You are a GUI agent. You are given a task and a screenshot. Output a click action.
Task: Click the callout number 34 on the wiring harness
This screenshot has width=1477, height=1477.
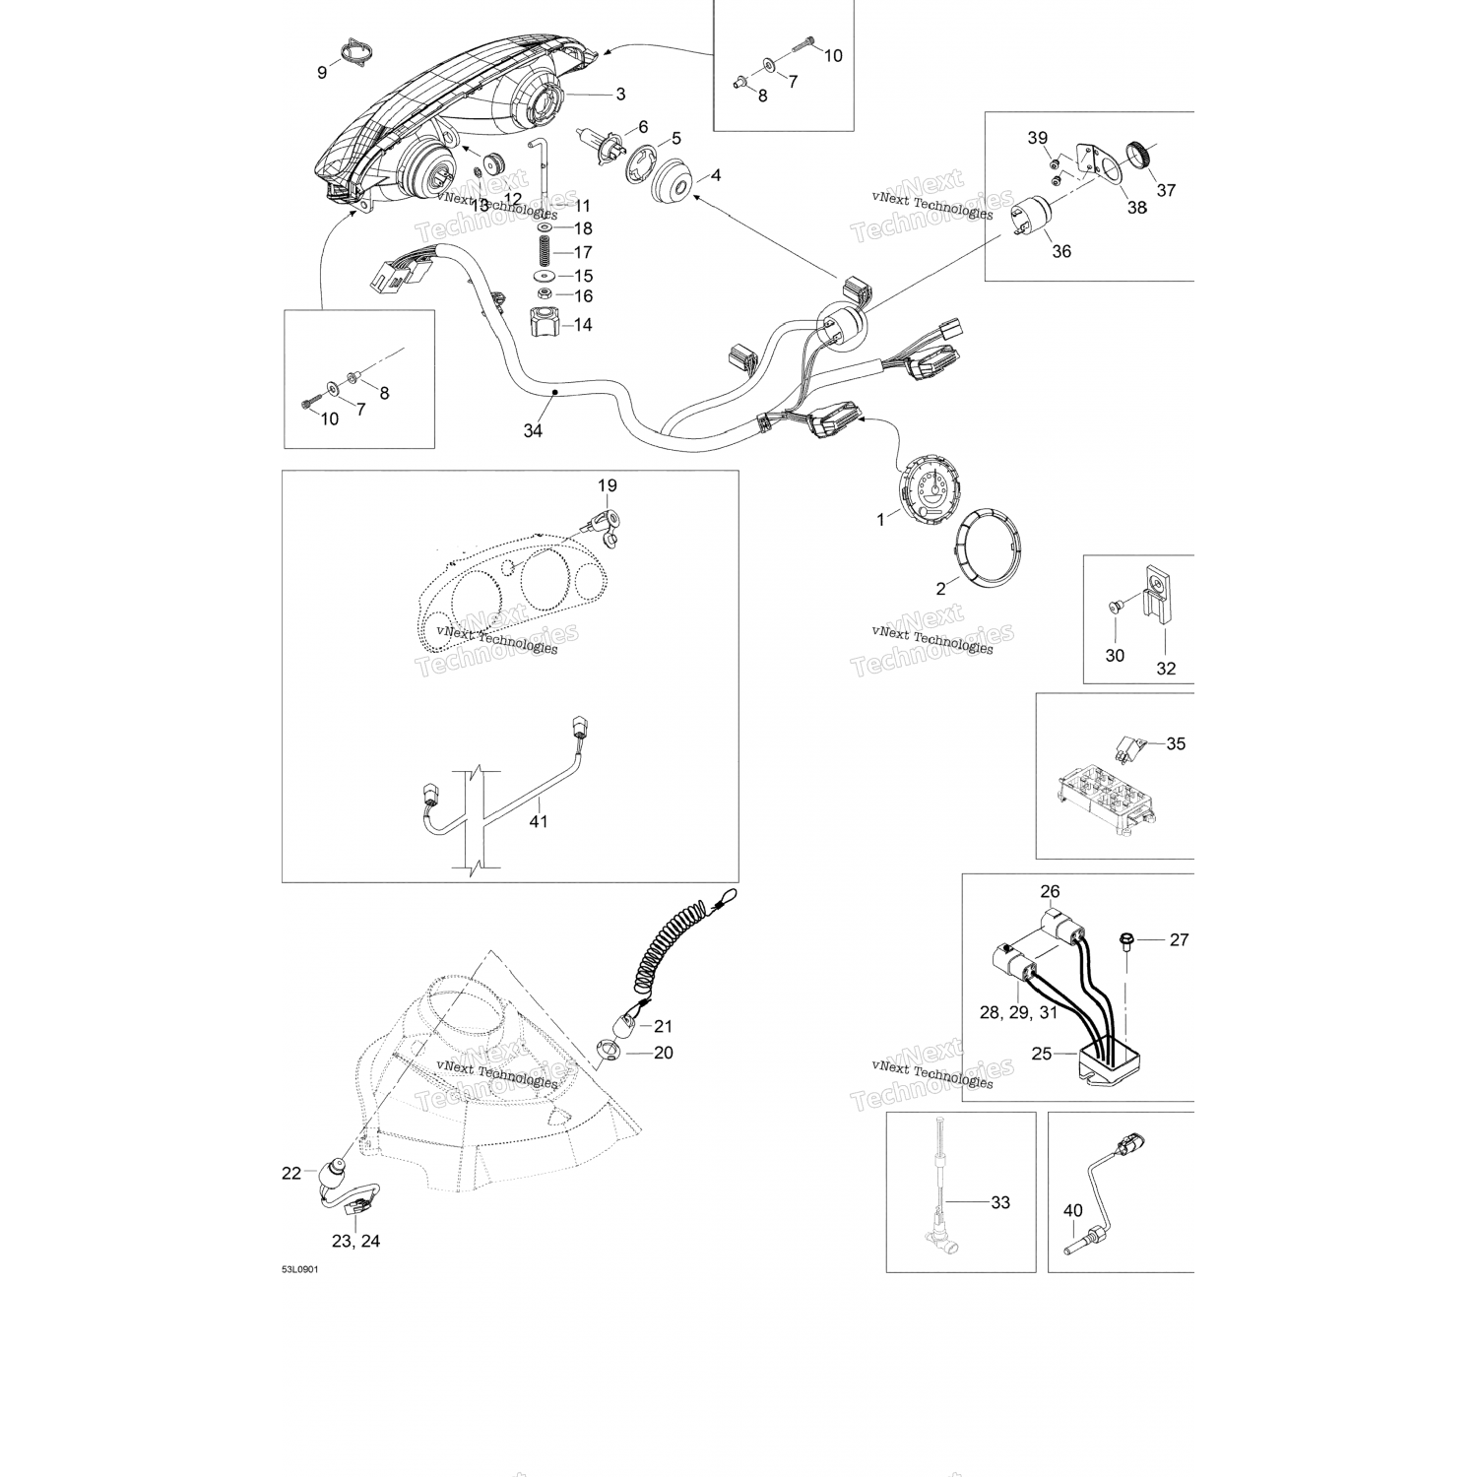click(x=533, y=430)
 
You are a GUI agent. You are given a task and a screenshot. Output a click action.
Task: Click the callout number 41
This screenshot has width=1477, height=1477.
click(x=538, y=820)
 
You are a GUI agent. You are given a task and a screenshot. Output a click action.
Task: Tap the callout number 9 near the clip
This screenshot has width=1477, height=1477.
click(x=322, y=72)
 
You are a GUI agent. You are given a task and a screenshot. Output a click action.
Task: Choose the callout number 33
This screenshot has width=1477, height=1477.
click(x=1000, y=1202)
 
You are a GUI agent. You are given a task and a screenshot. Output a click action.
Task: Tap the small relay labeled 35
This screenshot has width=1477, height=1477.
click(x=1128, y=746)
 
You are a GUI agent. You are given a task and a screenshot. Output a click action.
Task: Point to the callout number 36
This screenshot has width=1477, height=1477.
click(x=1061, y=251)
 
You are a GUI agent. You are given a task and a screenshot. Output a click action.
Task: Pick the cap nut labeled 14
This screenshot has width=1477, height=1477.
click(x=546, y=321)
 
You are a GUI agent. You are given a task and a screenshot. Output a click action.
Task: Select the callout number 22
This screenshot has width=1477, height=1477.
click(x=291, y=1173)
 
